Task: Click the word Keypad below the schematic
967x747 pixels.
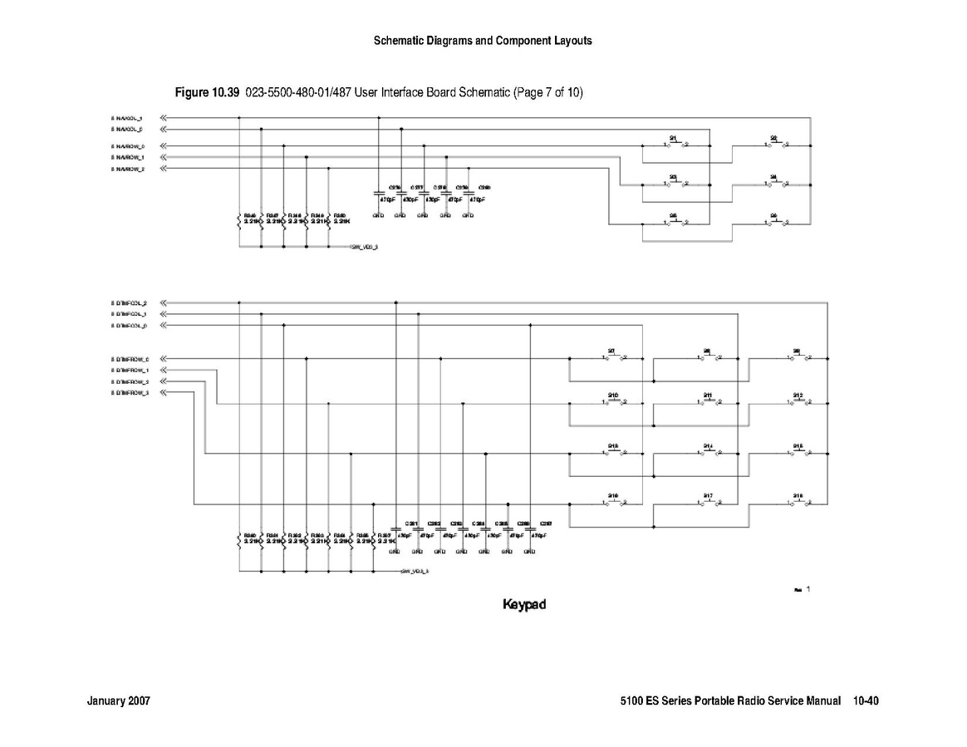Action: point(524,604)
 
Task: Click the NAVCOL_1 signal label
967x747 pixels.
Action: point(128,118)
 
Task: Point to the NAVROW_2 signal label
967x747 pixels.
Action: point(128,169)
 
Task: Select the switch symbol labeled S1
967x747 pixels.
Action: point(675,143)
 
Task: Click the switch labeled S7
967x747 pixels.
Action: point(614,357)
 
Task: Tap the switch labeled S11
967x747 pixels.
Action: point(709,402)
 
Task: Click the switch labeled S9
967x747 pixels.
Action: point(799,357)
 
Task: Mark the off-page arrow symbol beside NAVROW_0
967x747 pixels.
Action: point(164,146)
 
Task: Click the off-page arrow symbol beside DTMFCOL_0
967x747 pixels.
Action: point(164,326)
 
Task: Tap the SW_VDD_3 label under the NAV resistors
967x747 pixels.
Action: point(366,248)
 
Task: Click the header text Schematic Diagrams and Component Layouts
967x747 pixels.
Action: point(483,41)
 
